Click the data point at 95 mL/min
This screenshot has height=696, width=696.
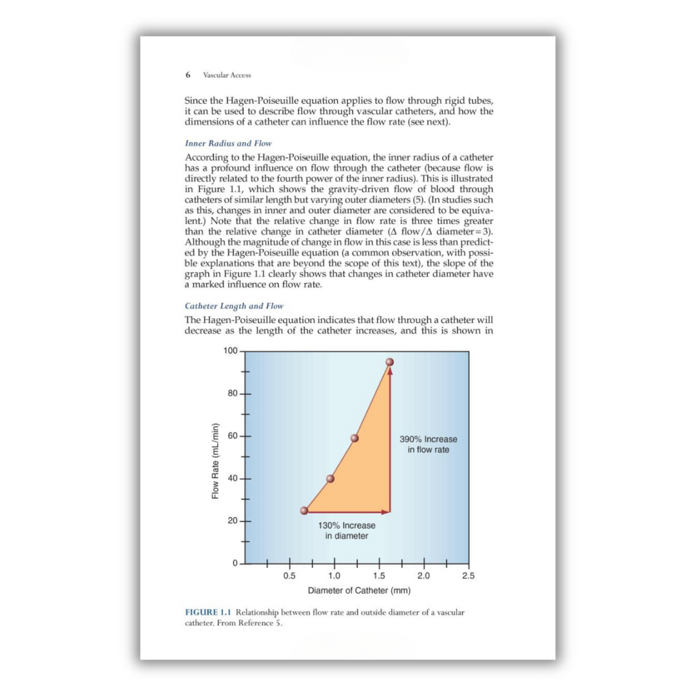389,362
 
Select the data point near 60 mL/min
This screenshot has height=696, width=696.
354,438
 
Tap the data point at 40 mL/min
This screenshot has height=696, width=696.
331,478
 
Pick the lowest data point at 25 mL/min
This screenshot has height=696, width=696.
304,510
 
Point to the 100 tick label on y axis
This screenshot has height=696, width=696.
230,351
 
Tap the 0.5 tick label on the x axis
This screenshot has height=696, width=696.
289,575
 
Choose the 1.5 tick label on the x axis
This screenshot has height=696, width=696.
379,575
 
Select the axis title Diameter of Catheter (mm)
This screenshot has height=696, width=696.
359,590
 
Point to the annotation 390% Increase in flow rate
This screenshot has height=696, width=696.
429,445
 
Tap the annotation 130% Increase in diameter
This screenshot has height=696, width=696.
347,530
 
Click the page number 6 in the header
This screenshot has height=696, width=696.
188,75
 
